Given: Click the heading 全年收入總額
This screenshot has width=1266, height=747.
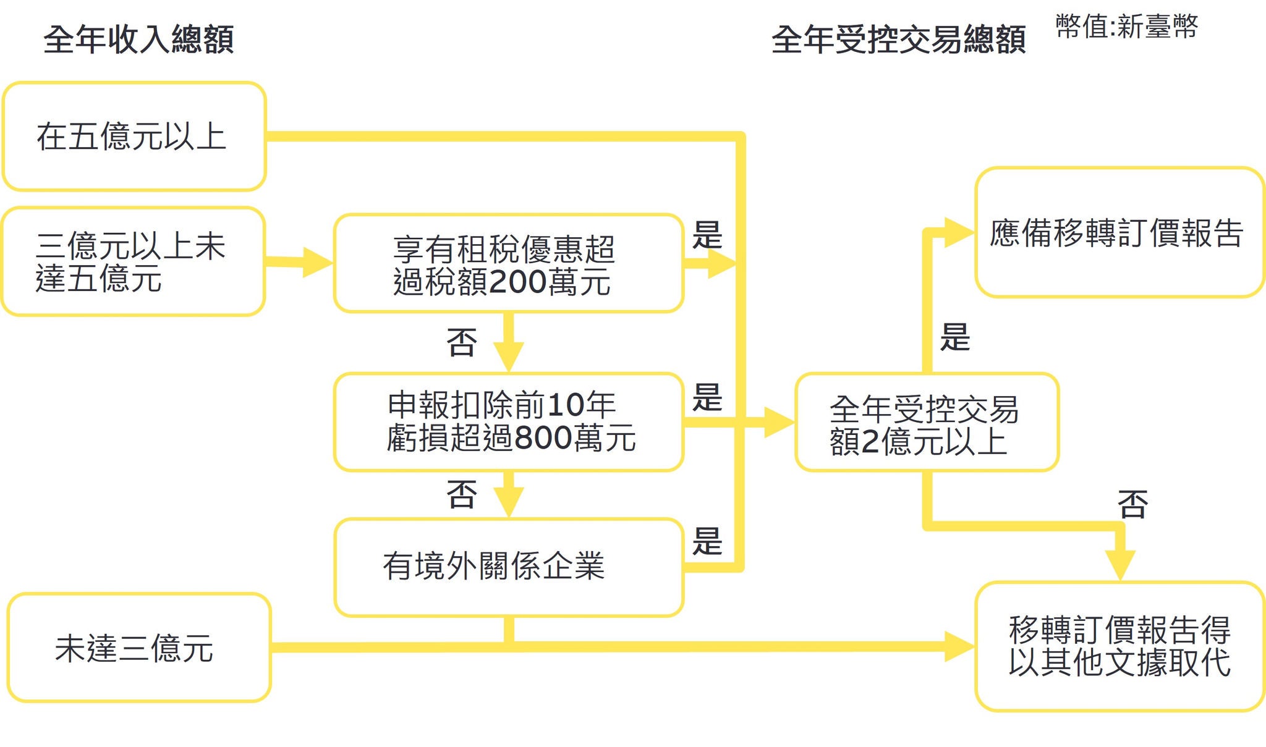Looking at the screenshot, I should point(138,40).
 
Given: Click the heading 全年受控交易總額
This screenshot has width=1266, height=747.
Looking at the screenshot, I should point(898,40).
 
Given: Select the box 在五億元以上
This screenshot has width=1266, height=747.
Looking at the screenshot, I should point(134,137).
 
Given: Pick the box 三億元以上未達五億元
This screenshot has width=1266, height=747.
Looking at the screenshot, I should point(133,262).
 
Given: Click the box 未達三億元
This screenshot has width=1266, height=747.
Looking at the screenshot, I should point(139,648).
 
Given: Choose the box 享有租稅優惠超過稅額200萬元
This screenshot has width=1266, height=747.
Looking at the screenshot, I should point(508,264).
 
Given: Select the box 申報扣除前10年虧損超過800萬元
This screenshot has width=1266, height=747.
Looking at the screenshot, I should point(508,422).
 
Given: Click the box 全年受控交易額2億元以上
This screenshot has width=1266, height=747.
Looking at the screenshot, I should point(927,423).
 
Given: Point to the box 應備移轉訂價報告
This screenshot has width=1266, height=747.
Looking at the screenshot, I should point(1119,233).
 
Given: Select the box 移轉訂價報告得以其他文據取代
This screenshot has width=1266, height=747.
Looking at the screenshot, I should point(1119,646).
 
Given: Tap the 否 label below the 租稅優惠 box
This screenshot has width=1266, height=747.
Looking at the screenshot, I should point(462,343).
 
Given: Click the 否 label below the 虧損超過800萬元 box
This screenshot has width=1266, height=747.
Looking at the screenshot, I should point(462,494).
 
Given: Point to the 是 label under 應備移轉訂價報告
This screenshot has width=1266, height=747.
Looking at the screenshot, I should point(955,337).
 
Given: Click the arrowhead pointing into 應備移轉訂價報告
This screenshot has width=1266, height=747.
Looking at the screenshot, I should point(959,233).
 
